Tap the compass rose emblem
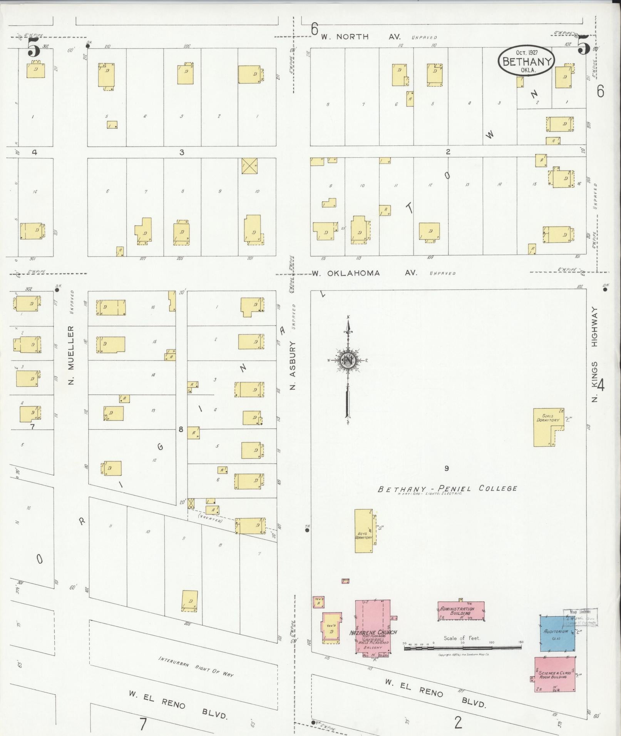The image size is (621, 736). coord(348,360)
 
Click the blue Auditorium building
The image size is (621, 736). coord(557,633)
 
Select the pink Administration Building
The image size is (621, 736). coord(461,611)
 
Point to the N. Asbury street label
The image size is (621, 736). coord(293,365)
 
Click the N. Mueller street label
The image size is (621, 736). coord(71,355)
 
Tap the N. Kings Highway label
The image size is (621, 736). coord(595,354)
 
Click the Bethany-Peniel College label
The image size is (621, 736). coord(447,489)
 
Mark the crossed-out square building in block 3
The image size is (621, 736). coord(249,165)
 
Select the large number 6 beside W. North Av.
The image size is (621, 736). coord(315,28)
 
